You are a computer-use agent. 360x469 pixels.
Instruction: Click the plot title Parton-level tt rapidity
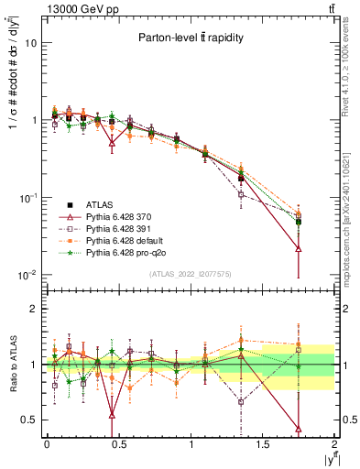point(191,38)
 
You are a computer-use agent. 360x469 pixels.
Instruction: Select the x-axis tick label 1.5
point(263,443)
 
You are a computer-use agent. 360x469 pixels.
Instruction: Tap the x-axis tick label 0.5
point(118,443)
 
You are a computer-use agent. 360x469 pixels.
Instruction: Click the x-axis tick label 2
point(335,443)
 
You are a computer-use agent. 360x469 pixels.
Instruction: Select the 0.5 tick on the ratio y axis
point(28,420)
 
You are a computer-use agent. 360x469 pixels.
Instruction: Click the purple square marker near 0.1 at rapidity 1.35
point(241,194)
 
